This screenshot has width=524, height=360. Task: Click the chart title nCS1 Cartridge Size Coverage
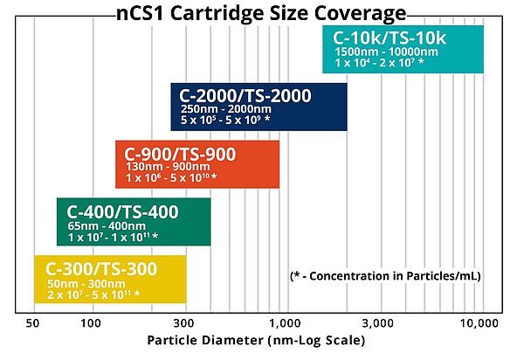pyautogui.click(x=261, y=13)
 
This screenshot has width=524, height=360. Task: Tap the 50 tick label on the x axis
pyautogui.click(x=32, y=323)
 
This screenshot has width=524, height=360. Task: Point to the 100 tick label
pyautogui.click(x=91, y=323)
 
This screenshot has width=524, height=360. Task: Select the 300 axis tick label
pyautogui.click(x=183, y=323)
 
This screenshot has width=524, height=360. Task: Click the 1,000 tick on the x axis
pyautogui.click(x=285, y=323)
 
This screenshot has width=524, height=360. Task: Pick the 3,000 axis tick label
pyautogui.click(x=378, y=323)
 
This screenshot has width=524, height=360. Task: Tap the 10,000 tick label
pyautogui.click(x=479, y=323)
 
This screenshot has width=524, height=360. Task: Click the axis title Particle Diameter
pyautogui.click(x=256, y=340)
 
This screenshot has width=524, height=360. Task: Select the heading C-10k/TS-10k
pyautogui.click(x=390, y=38)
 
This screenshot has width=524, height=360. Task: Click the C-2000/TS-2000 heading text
pyautogui.click(x=245, y=95)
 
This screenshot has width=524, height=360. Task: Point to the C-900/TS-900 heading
pyautogui.click(x=180, y=154)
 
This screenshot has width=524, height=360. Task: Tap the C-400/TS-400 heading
pyautogui.click(x=122, y=212)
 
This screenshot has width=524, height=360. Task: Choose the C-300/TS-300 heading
pyautogui.click(x=101, y=269)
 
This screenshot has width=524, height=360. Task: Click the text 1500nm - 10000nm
pyautogui.click(x=386, y=52)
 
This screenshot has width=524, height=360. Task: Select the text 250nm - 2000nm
pyautogui.click(x=226, y=109)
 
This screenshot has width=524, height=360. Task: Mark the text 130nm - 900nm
pyautogui.click(x=168, y=167)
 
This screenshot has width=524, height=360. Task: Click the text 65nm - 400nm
pyautogui.click(x=107, y=226)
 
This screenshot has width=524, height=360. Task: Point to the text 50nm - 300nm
pyautogui.click(x=86, y=284)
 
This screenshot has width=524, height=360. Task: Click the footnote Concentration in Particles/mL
pyautogui.click(x=385, y=276)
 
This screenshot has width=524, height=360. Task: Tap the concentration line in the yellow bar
pyautogui.click(x=93, y=294)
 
